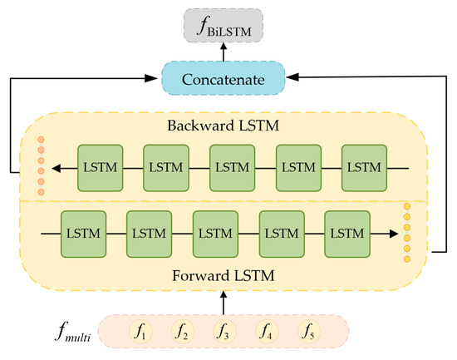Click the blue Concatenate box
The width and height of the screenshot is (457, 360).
point(223,79)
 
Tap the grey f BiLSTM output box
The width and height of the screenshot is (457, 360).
point(223,26)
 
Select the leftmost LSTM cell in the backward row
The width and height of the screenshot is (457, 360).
point(99,169)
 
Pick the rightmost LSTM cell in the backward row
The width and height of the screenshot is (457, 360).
point(363,169)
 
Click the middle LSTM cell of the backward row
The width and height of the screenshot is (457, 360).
point(231,169)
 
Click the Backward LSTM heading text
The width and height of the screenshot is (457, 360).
point(223,128)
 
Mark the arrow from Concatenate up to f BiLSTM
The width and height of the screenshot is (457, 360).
point(223,52)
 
